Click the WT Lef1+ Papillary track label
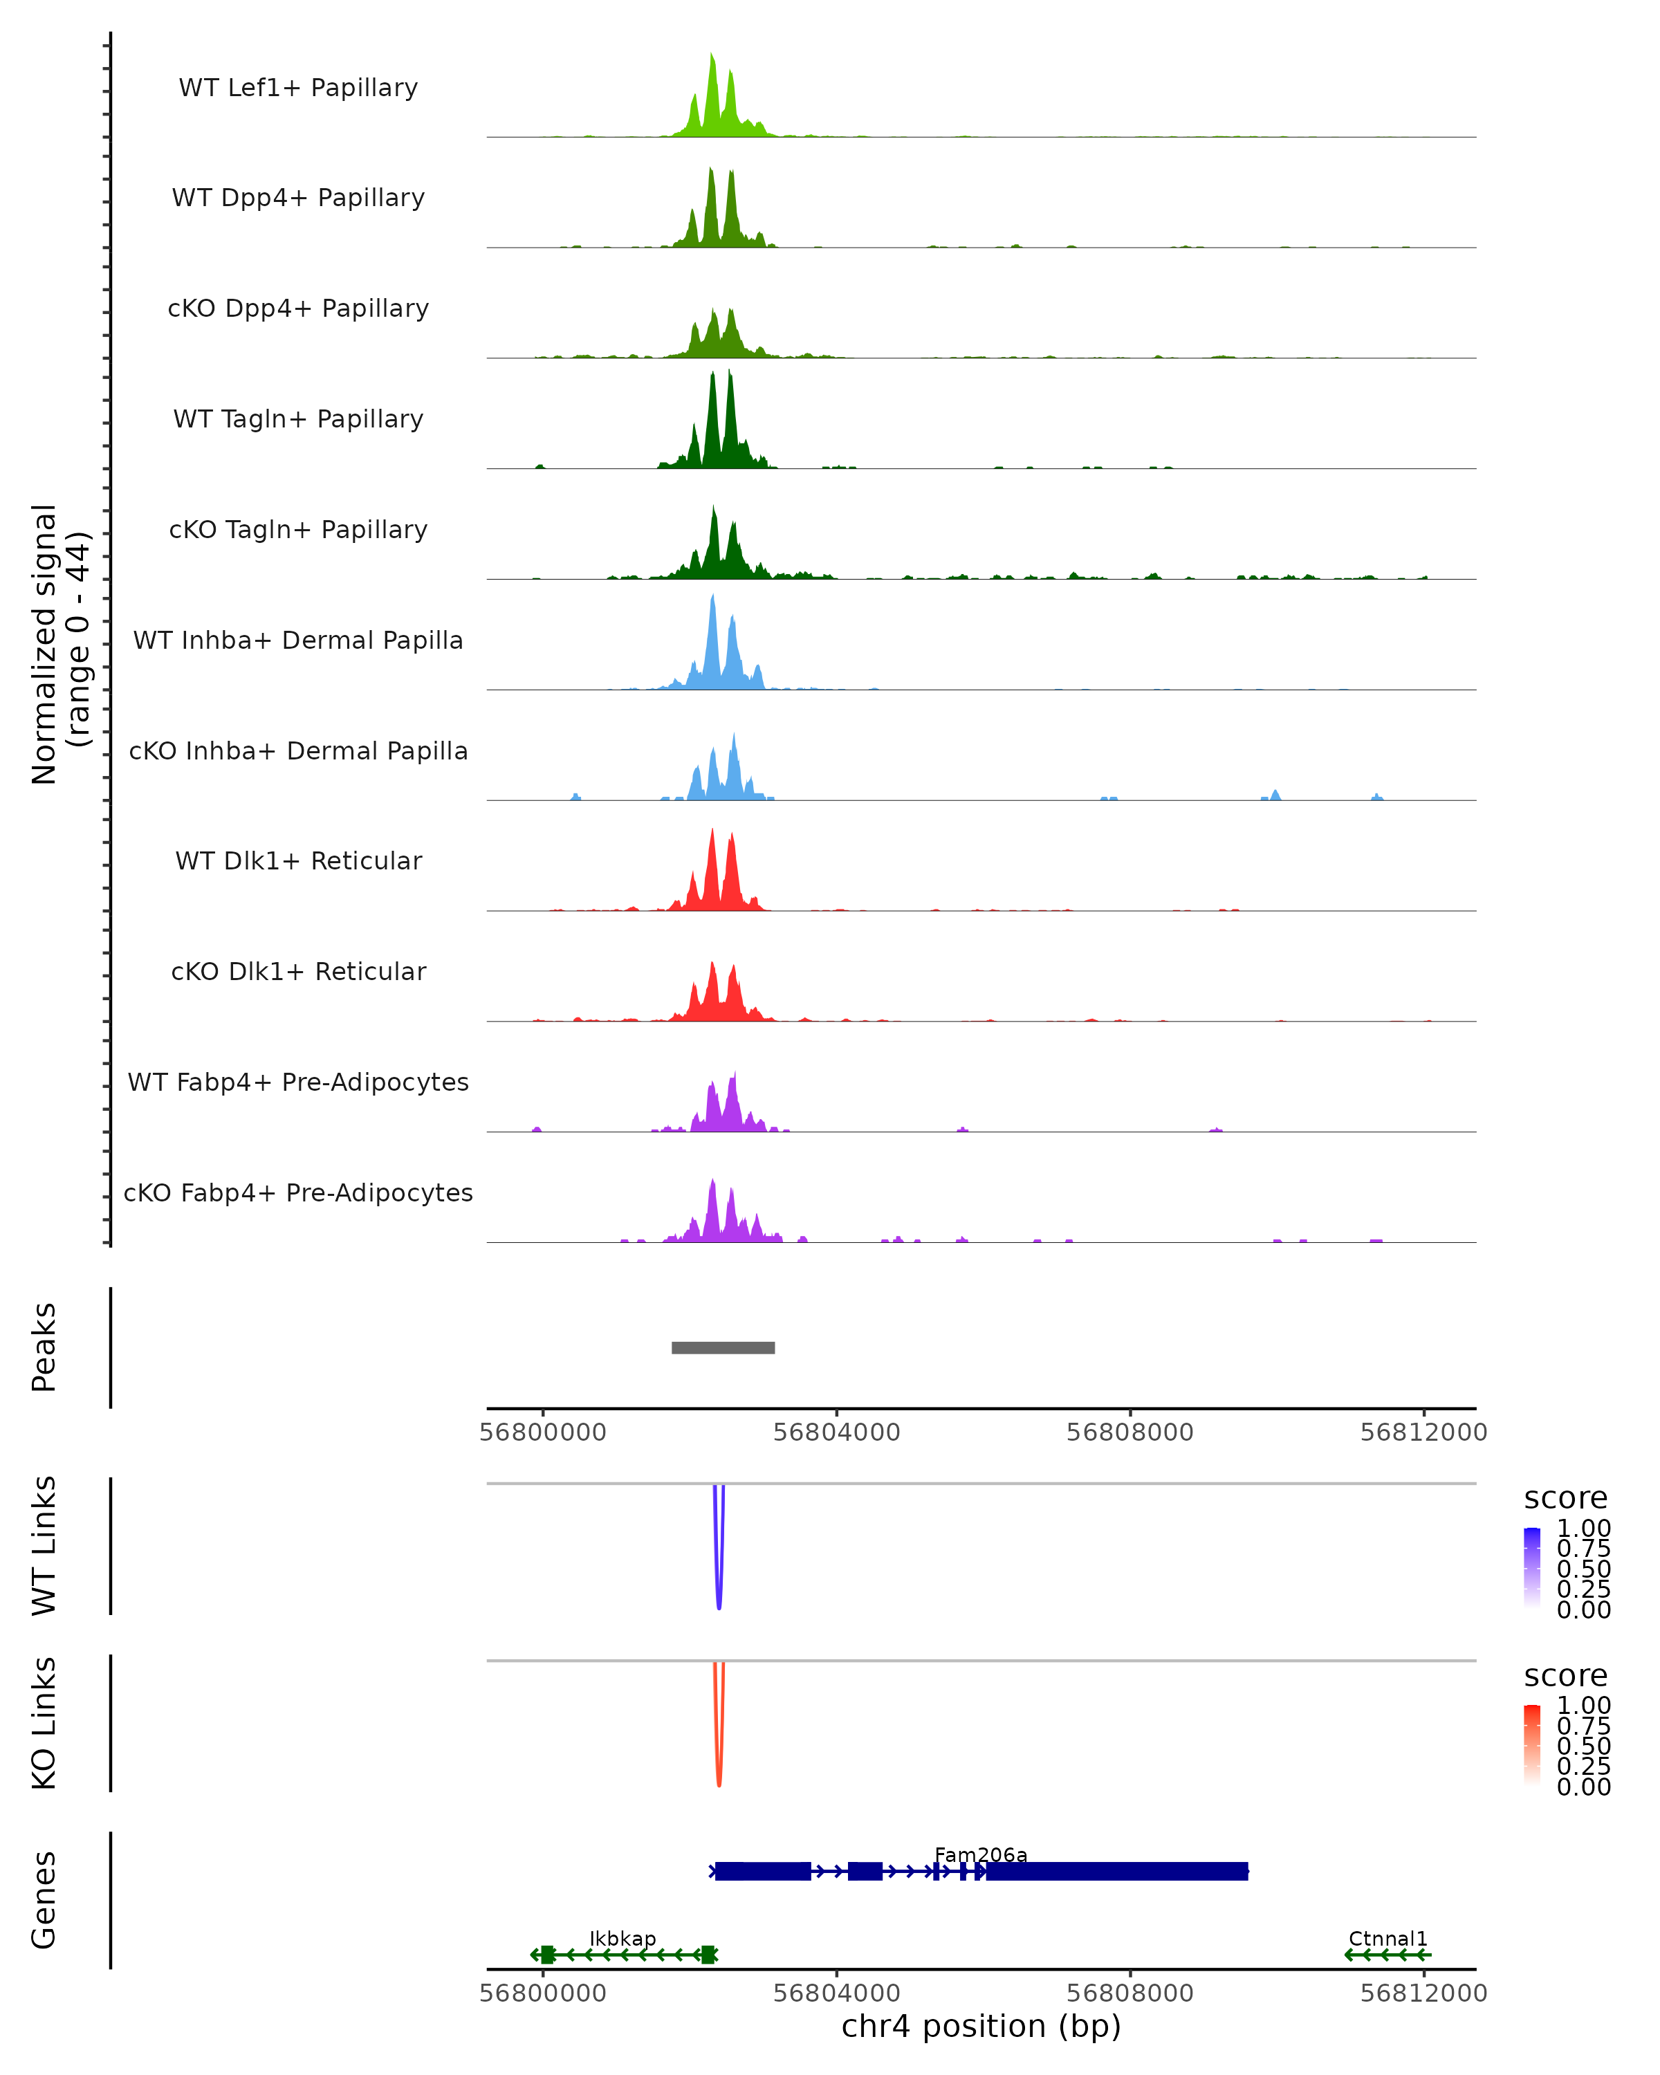[298, 88]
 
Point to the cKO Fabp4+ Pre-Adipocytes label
[298, 1192]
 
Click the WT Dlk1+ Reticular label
[298, 860]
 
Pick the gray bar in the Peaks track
[723, 1347]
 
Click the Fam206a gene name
[981, 1854]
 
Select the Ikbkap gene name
[622, 1938]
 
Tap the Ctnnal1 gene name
[1387, 1938]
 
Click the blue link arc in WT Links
[719, 1598]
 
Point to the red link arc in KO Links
[719, 1775]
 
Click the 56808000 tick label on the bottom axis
[1129, 1992]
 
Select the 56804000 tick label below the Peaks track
[836, 1432]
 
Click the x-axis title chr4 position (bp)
[981, 2027]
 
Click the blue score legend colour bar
[1532, 1568]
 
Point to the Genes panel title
[44, 1900]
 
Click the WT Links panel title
[44, 1546]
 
